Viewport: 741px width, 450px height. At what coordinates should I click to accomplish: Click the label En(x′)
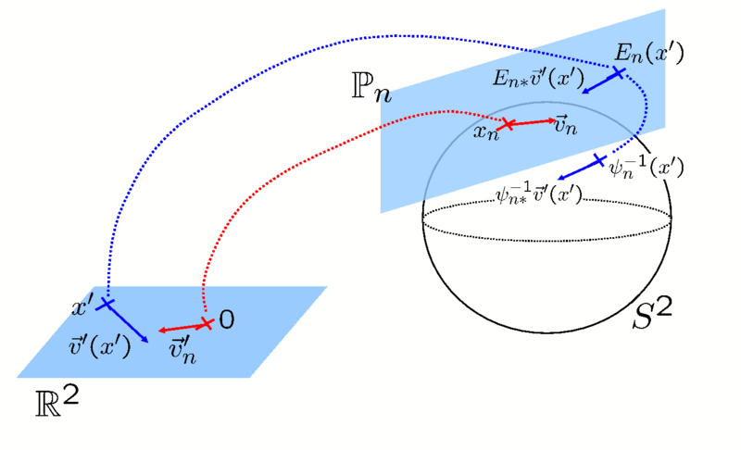(654, 53)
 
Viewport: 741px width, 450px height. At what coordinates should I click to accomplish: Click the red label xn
(486, 133)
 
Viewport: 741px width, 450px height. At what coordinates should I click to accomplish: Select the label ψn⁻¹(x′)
(647, 168)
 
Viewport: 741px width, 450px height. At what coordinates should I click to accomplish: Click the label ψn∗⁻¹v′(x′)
(539, 195)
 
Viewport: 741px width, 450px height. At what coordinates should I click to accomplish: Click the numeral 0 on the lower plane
(226, 320)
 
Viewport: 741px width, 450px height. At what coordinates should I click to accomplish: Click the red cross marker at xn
(508, 124)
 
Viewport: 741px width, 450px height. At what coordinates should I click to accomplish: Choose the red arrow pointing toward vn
(530, 121)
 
